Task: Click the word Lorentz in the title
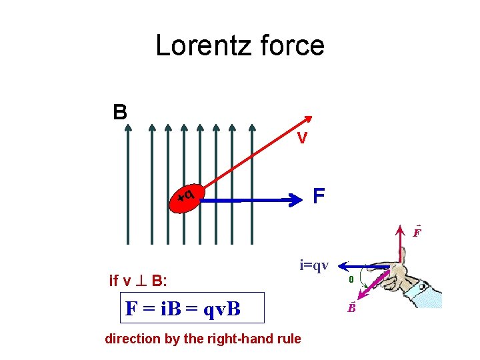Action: (x=199, y=45)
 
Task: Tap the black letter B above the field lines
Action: (x=120, y=111)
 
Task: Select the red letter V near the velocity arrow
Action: (x=302, y=139)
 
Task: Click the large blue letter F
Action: (x=319, y=196)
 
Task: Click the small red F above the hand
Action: (x=416, y=233)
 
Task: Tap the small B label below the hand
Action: (x=351, y=308)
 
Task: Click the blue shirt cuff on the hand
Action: (x=427, y=293)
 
